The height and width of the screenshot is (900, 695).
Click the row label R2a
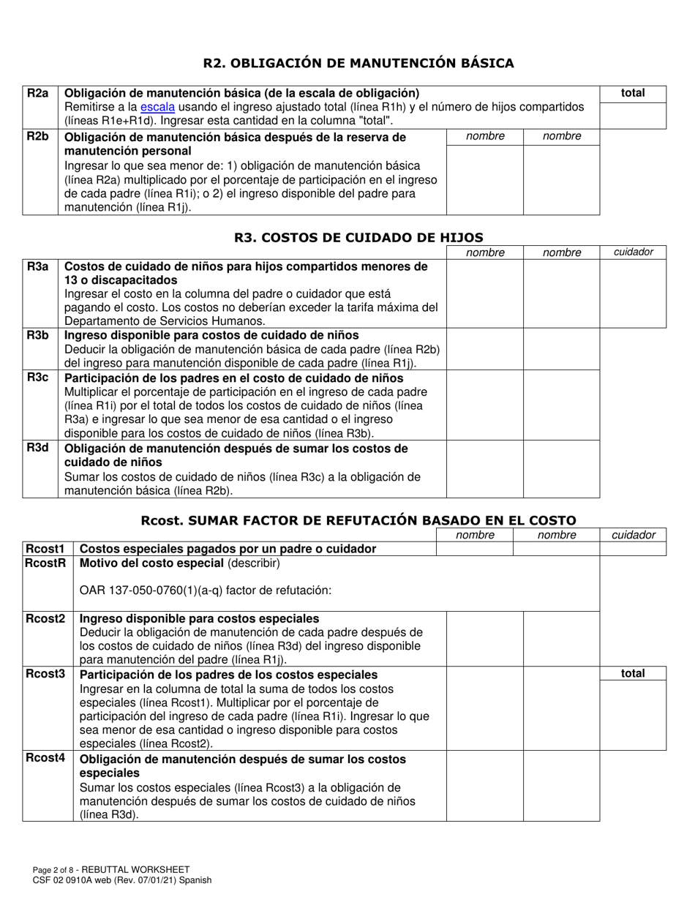coord(38,94)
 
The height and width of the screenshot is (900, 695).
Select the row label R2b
coord(38,137)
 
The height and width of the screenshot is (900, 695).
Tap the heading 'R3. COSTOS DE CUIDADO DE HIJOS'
coord(358,237)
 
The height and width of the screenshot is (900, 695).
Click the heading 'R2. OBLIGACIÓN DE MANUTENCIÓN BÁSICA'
coord(358,63)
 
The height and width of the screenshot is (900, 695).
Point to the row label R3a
coord(38,267)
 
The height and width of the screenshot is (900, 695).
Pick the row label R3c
coord(38,378)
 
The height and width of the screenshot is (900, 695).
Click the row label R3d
coord(38,448)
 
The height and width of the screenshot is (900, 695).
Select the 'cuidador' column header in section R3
coord(633,252)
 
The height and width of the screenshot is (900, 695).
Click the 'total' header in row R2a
coord(633,93)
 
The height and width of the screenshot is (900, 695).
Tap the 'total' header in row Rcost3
coord(633,673)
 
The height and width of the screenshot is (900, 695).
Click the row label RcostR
coord(45,563)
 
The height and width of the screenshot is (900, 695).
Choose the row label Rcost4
coord(45,759)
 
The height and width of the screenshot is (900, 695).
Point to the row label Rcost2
coord(45,618)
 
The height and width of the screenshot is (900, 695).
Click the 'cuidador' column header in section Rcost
coord(633,535)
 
